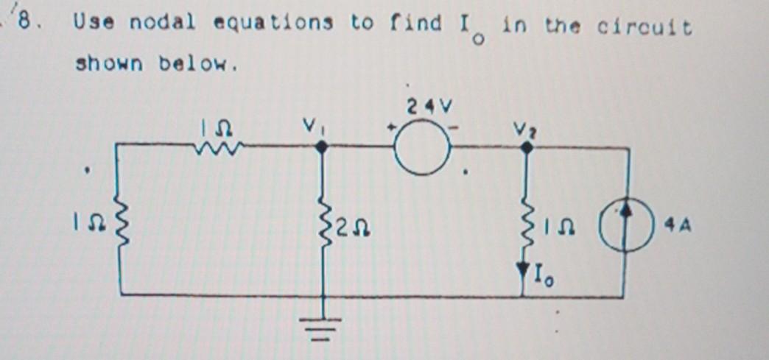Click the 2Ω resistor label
[x=351, y=233]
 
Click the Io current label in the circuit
[x=543, y=278]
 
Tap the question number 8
[x=28, y=22]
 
